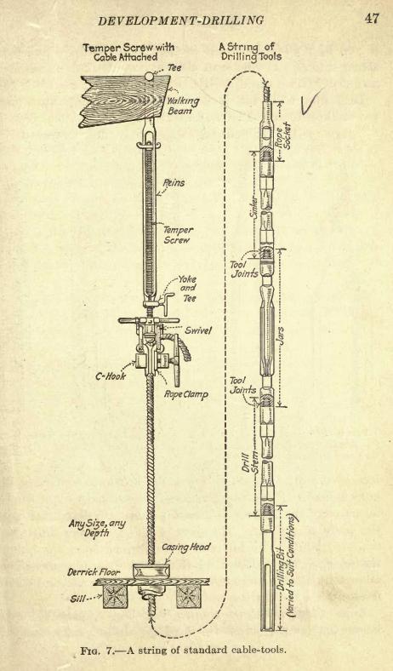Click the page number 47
(371, 19)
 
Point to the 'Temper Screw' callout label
(178, 235)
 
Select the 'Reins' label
(174, 183)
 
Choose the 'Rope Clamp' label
(186, 394)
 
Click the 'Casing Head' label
(186, 547)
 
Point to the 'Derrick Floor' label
(93, 571)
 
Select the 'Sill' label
(77, 599)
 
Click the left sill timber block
(116, 596)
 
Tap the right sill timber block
(189, 597)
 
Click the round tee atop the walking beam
(149, 76)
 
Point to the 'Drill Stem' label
(249, 462)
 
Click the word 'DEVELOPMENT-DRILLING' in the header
(181, 20)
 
